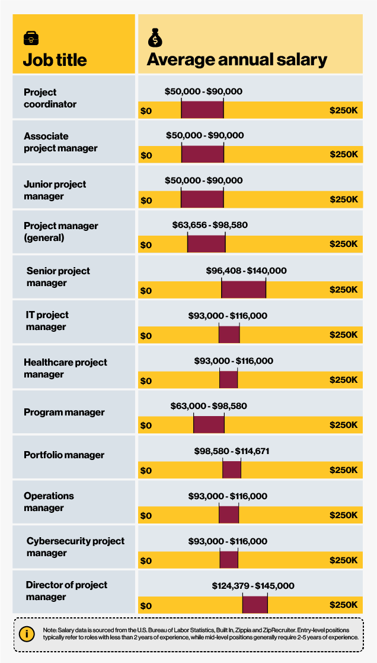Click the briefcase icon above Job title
point(31,39)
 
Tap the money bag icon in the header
point(154,39)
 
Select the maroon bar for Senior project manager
point(244,289)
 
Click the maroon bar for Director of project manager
point(255,605)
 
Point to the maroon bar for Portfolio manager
point(232,470)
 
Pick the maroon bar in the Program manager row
point(209,424)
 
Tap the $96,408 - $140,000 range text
point(246,271)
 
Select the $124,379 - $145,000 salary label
point(253,586)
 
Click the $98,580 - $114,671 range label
point(232,451)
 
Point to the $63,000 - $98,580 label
point(209,406)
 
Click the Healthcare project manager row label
point(65,368)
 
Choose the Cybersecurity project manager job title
point(75,547)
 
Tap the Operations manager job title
point(49,502)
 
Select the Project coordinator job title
point(50,98)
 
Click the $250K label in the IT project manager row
point(344,335)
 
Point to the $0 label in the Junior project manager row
point(146,200)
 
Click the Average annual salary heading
point(237,60)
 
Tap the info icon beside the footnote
point(26,633)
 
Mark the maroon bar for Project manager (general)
point(206,244)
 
